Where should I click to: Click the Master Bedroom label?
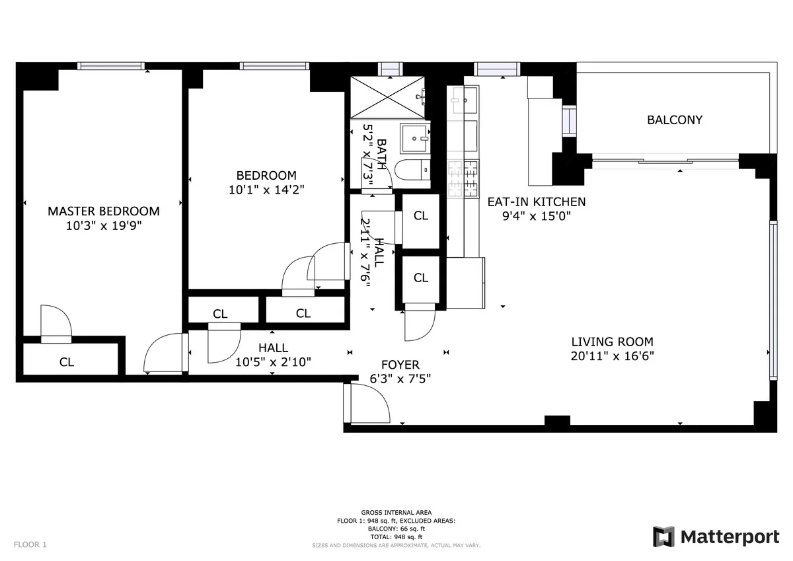(104, 211)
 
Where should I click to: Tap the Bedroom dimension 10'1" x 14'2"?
(266, 190)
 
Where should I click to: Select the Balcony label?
(674, 120)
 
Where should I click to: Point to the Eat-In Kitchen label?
(536, 202)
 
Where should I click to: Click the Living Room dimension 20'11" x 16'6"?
(612, 355)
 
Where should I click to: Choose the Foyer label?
(400, 365)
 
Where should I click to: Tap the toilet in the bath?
(411, 170)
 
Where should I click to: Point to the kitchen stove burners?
(463, 179)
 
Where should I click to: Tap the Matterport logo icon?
(663, 537)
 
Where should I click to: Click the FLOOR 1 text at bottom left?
(30, 545)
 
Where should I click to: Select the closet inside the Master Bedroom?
(67, 361)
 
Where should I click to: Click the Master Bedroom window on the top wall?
(111, 65)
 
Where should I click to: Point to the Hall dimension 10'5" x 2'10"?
(273, 362)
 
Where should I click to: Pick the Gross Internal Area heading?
(397, 513)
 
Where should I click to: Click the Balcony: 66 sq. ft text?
(397, 529)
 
